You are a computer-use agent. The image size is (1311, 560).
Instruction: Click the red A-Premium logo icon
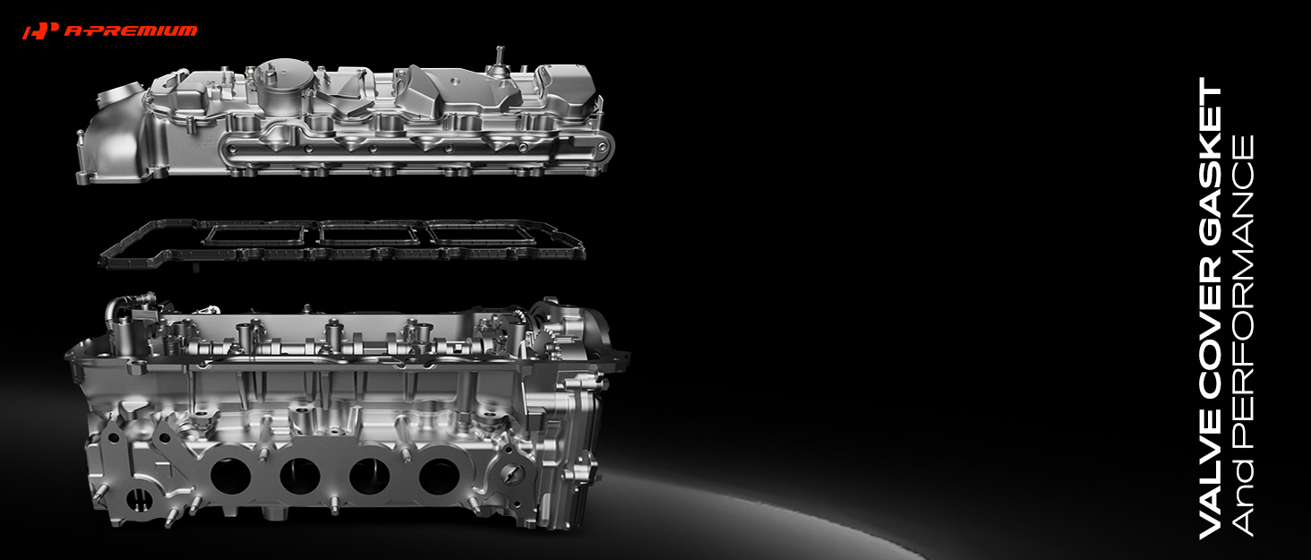(40, 30)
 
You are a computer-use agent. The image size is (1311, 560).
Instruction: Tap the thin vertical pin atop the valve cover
(500, 57)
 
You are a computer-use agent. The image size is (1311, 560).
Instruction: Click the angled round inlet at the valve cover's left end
(121, 97)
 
